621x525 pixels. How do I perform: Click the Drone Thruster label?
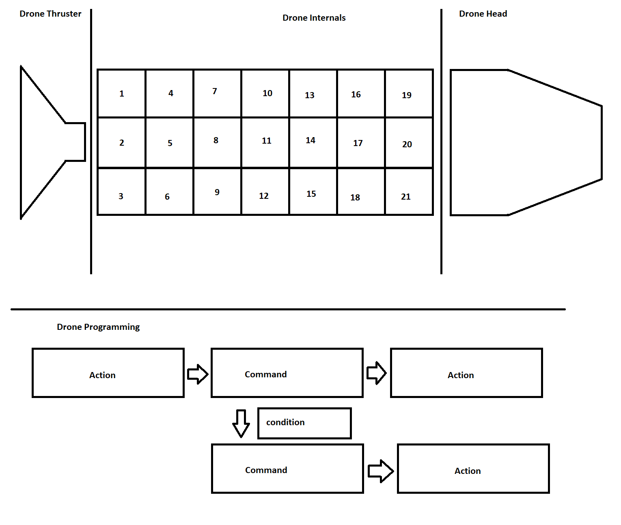pos(50,14)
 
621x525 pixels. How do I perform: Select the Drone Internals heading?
pos(314,18)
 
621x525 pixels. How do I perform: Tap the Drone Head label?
pos(483,14)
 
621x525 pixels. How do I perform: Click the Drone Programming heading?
pos(98,327)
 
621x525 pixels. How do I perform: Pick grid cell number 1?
pos(122,94)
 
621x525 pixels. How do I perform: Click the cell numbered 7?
pos(217,93)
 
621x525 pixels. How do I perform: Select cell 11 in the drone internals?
pos(265,142)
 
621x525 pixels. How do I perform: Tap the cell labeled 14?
pos(313,142)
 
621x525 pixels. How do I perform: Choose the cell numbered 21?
pos(408,191)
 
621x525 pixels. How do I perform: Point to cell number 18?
pos(360,191)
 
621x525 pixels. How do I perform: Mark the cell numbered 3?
pos(122,191)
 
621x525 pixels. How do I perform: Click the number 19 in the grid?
pos(407,95)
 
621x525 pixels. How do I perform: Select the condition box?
pos(304,423)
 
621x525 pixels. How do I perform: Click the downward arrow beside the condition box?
pos(241,424)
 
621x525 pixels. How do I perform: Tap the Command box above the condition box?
pos(287,373)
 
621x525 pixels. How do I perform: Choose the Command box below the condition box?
pos(287,469)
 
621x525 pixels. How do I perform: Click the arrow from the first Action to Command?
pos(198,374)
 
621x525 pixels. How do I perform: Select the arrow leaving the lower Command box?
pos(380,471)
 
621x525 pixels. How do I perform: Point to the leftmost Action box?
pos(108,373)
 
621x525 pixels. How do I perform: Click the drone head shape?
pos(524,142)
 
